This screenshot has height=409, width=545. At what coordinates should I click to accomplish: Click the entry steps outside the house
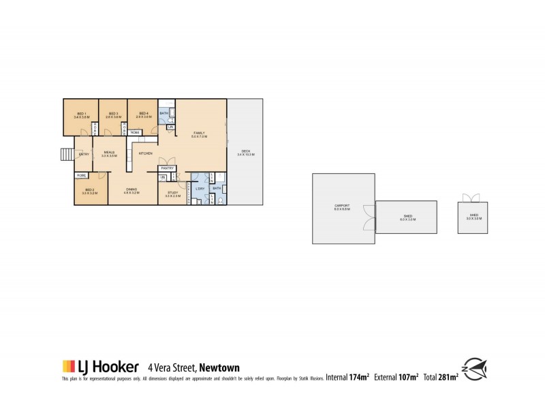[x=66, y=154]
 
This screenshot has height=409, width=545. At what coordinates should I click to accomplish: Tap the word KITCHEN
[x=145, y=154]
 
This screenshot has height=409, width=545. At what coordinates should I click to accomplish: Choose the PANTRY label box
[x=168, y=168]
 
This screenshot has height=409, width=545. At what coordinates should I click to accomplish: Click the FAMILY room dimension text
[x=199, y=136]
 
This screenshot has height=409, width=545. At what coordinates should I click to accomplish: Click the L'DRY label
[x=200, y=188]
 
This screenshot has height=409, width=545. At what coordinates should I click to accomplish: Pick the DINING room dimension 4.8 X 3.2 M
[x=131, y=193]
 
